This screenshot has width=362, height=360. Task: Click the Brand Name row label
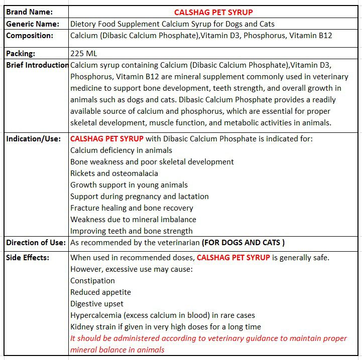point(29,12)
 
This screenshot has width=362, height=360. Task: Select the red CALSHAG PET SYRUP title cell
point(213,12)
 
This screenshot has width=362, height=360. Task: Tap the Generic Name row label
point(33,24)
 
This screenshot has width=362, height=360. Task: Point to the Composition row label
point(30,36)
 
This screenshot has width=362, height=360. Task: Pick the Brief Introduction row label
point(37,65)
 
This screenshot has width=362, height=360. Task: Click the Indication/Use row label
point(33,139)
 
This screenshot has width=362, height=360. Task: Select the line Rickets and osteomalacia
point(114,173)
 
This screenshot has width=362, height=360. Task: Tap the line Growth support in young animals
point(129,185)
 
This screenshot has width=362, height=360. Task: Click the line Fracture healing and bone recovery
point(132,208)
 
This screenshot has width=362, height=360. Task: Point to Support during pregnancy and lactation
point(140,197)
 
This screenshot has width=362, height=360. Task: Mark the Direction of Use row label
point(36,243)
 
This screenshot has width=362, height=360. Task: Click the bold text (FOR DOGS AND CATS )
point(243,243)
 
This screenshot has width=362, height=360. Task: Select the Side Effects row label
point(28,257)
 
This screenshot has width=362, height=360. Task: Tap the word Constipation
point(92,281)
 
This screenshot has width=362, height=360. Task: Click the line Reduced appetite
point(100,292)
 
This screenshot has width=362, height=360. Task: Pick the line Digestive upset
point(97,304)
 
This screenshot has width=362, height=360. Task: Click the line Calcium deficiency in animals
point(121,150)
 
